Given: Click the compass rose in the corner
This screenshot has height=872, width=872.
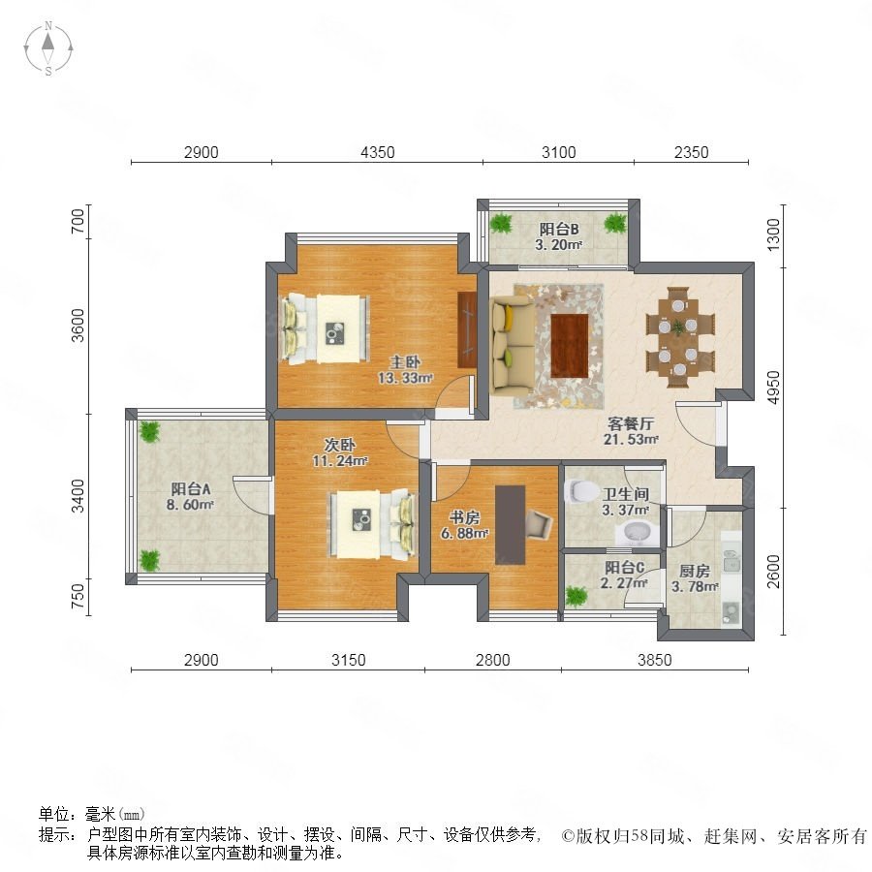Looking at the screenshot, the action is coord(48,48).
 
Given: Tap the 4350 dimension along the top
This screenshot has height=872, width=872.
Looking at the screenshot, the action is coord(378,152).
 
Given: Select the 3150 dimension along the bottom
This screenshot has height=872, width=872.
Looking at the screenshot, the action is coord(349,660).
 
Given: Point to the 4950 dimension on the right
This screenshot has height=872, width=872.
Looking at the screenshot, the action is coord(773,388).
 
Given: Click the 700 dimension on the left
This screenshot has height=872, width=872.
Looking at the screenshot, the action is coord(78,220).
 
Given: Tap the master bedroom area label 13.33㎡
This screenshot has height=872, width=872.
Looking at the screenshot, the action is coord(405,378).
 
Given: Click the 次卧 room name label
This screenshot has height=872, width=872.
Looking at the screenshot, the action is coord(339,445).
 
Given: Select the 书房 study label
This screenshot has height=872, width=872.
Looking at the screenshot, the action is coord(465,517).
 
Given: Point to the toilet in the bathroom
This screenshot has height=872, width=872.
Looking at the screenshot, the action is coord(579,491).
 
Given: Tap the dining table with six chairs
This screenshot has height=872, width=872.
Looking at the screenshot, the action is coord(679,337).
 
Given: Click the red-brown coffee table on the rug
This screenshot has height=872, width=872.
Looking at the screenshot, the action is coord(570,345).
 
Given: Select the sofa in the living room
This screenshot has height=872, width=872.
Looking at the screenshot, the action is coord(513,345).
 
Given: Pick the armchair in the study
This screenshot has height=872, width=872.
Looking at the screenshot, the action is coord(539,524).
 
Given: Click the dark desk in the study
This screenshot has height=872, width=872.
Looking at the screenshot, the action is coord(511,525).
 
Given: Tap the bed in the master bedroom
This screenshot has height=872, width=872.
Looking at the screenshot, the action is coord(326,329).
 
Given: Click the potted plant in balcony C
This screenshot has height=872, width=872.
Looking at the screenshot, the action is coord(576,596).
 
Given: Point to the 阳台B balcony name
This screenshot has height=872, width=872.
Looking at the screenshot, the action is coord(559,229).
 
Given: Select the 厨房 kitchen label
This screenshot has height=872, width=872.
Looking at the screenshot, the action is coord(695,571).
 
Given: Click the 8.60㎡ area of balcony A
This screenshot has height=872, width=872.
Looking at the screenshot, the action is coord(190,505).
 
